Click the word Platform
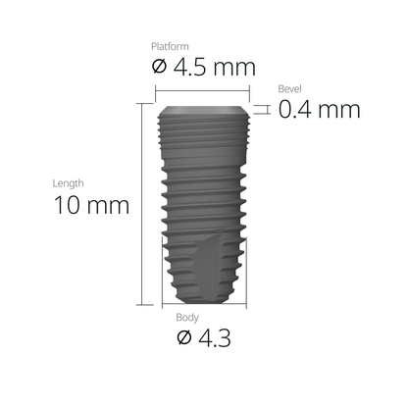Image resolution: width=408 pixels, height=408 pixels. pos(170,46)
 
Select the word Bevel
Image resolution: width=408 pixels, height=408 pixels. pos(290,88)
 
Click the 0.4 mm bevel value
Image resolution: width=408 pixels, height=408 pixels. pos(319,109)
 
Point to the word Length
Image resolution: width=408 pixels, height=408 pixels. pos(68,183)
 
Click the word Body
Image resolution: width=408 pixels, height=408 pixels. pos(186,319)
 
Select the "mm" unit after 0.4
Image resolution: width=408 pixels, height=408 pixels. pos(339,109)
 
